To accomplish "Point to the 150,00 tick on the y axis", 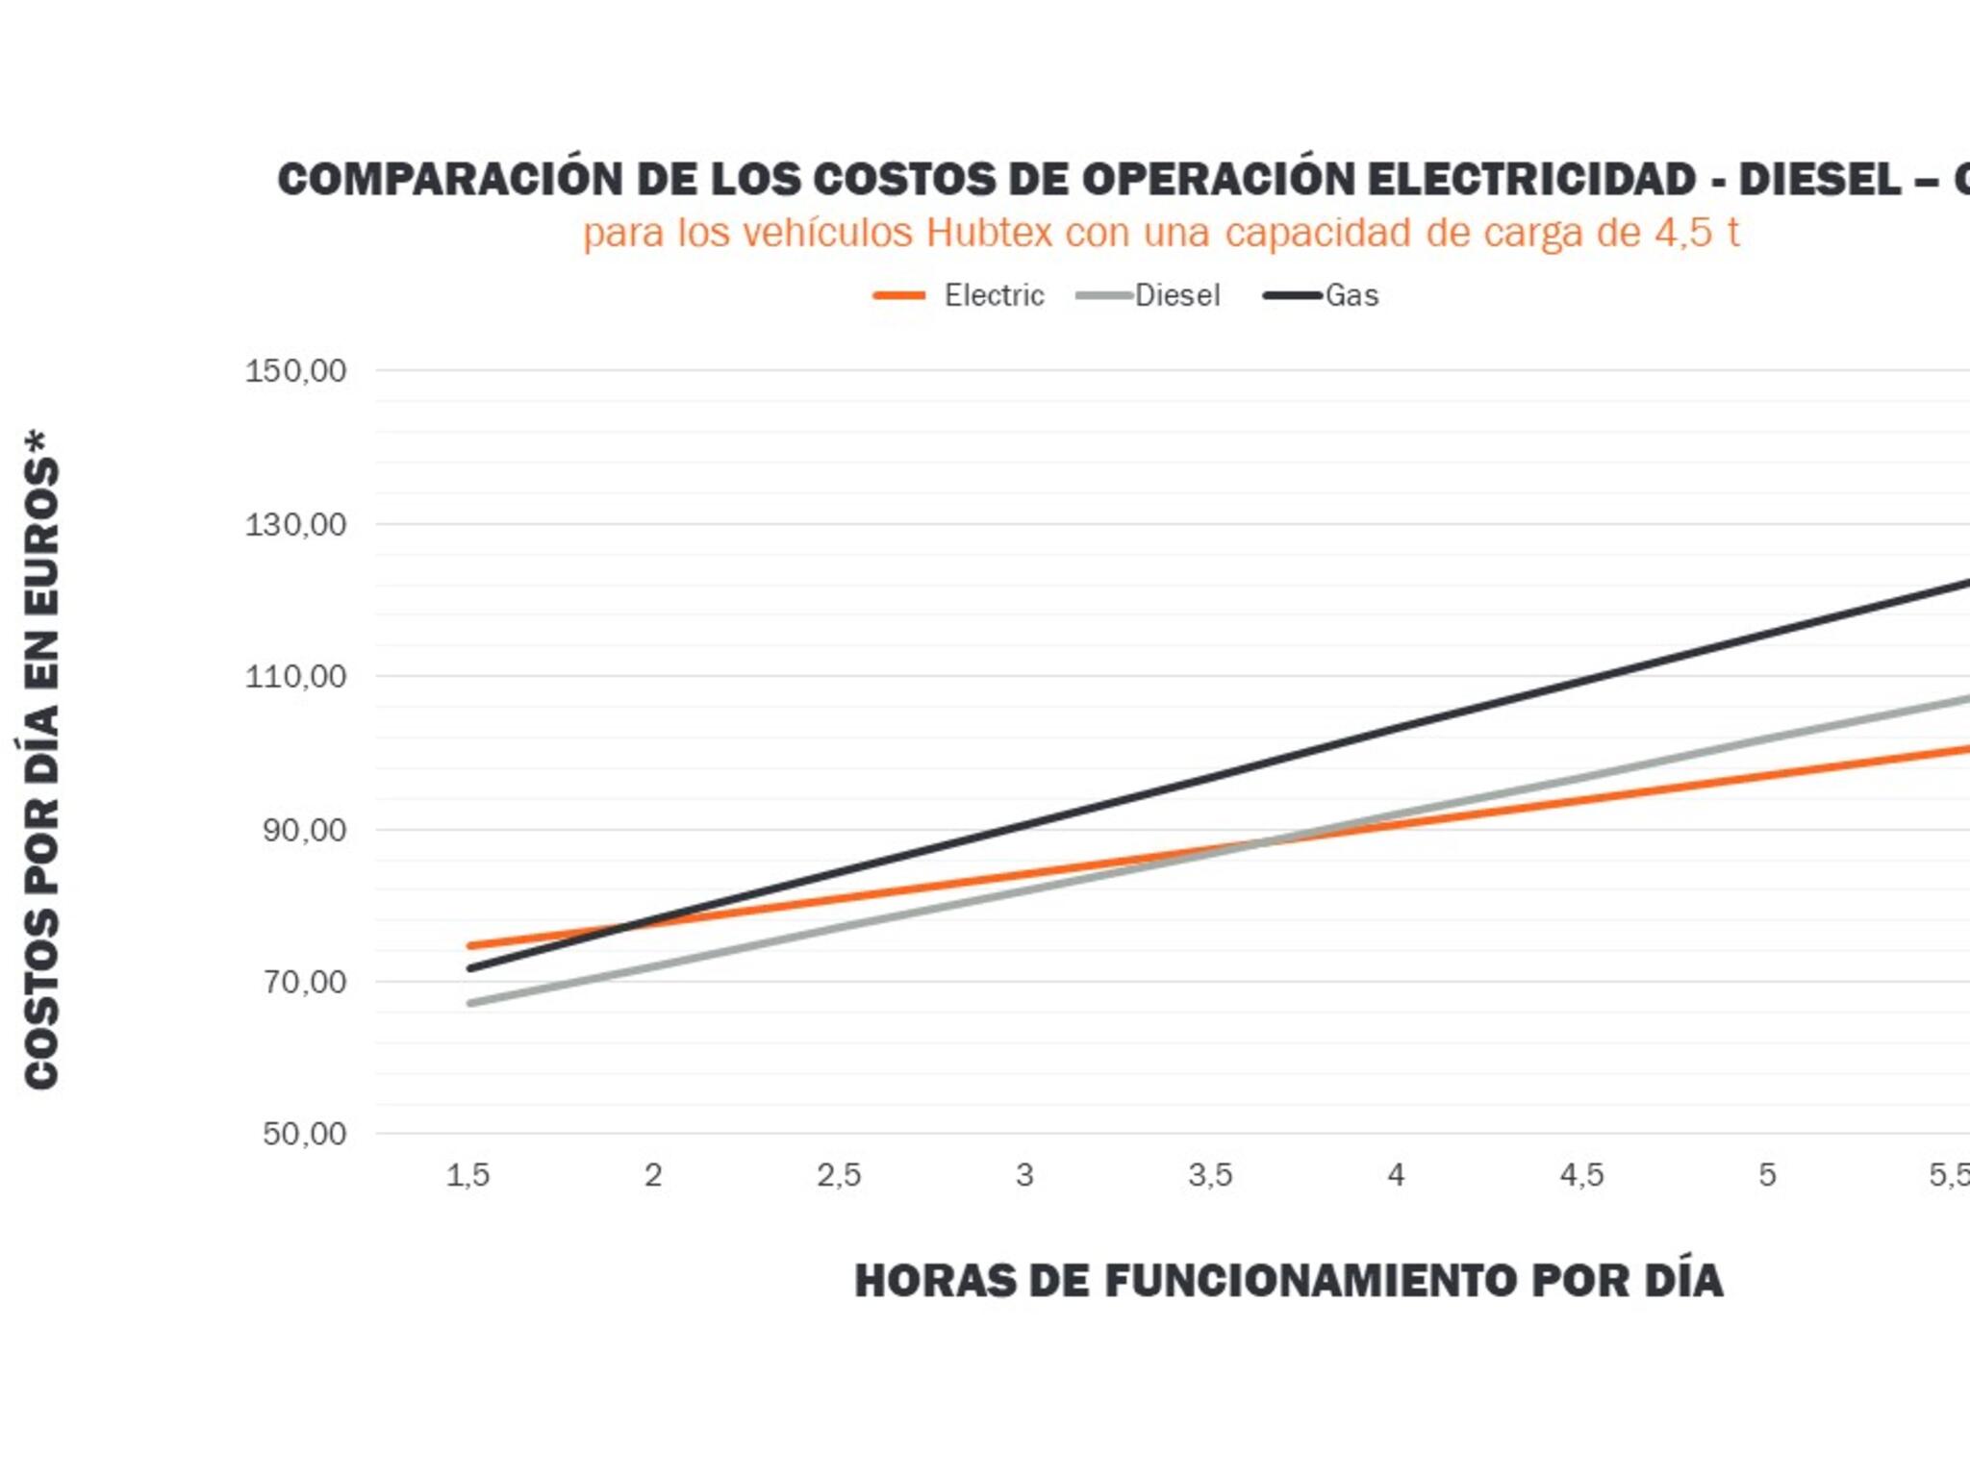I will tap(295, 371).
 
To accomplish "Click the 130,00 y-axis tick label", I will tap(295, 525).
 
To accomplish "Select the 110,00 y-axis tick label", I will tap(295, 677).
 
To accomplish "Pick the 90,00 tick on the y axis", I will tap(304, 830).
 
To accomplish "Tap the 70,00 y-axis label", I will tap(304, 982).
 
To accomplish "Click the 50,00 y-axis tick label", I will tap(304, 1134).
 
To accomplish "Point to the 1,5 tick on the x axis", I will tap(468, 1175).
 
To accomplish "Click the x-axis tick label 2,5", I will tap(839, 1175).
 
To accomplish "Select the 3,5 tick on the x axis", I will tap(1210, 1175).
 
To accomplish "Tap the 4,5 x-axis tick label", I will tap(1581, 1175).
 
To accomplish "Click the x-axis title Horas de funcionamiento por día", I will tap(1288, 1281).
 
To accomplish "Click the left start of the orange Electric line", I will tap(470, 946).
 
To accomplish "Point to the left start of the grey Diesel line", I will tap(470, 1003).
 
